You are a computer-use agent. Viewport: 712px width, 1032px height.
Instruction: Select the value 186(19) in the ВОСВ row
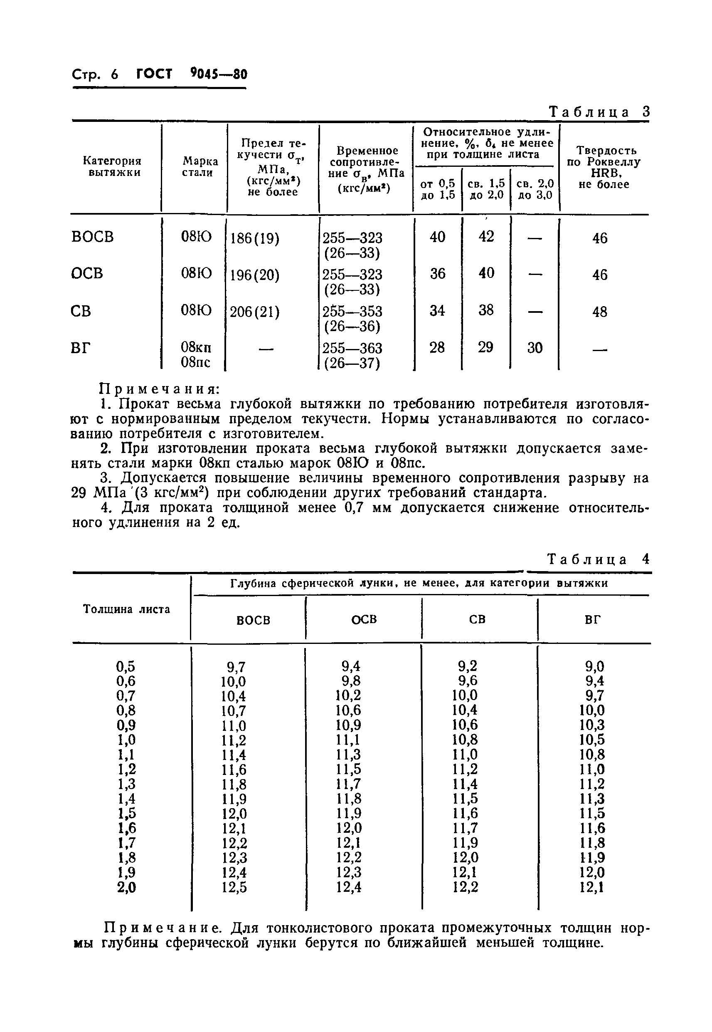(x=254, y=239)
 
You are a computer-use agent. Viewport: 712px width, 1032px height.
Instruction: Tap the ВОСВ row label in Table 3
(x=92, y=237)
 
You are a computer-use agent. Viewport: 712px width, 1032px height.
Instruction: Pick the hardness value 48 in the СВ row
(x=600, y=311)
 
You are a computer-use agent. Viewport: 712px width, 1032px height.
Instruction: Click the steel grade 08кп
(x=196, y=348)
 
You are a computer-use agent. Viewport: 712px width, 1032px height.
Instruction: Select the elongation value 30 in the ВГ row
(x=535, y=348)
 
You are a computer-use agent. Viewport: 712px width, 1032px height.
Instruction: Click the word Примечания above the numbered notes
(x=159, y=389)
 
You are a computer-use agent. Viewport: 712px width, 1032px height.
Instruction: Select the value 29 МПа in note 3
(x=98, y=493)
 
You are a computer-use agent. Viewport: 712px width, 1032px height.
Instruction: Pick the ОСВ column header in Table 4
(x=364, y=619)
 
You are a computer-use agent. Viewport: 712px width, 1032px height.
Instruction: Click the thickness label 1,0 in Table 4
(x=126, y=740)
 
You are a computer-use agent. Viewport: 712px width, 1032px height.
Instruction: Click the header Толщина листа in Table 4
(x=127, y=610)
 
